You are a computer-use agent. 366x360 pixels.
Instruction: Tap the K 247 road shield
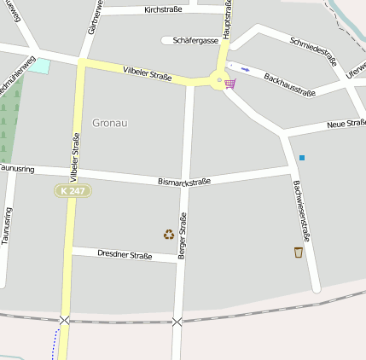(x=73, y=191)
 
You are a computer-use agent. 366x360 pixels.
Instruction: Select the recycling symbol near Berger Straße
(x=169, y=234)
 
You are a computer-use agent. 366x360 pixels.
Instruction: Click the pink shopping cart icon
(x=230, y=84)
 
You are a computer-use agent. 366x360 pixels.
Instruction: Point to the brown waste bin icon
(x=298, y=252)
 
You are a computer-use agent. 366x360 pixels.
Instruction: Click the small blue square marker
(x=301, y=157)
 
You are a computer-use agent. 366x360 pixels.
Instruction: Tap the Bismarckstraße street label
(x=184, y=182)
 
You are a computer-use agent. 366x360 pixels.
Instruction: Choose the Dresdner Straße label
(x=125, y=254)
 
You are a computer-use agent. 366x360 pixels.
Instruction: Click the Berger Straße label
(x=182, y=235)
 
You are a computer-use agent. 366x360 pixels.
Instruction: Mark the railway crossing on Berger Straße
(x=177, y=322)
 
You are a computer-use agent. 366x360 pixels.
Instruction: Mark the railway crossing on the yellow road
(x=65, y=320)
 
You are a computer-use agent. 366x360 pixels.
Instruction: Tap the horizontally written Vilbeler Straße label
(x=147, y=74)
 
